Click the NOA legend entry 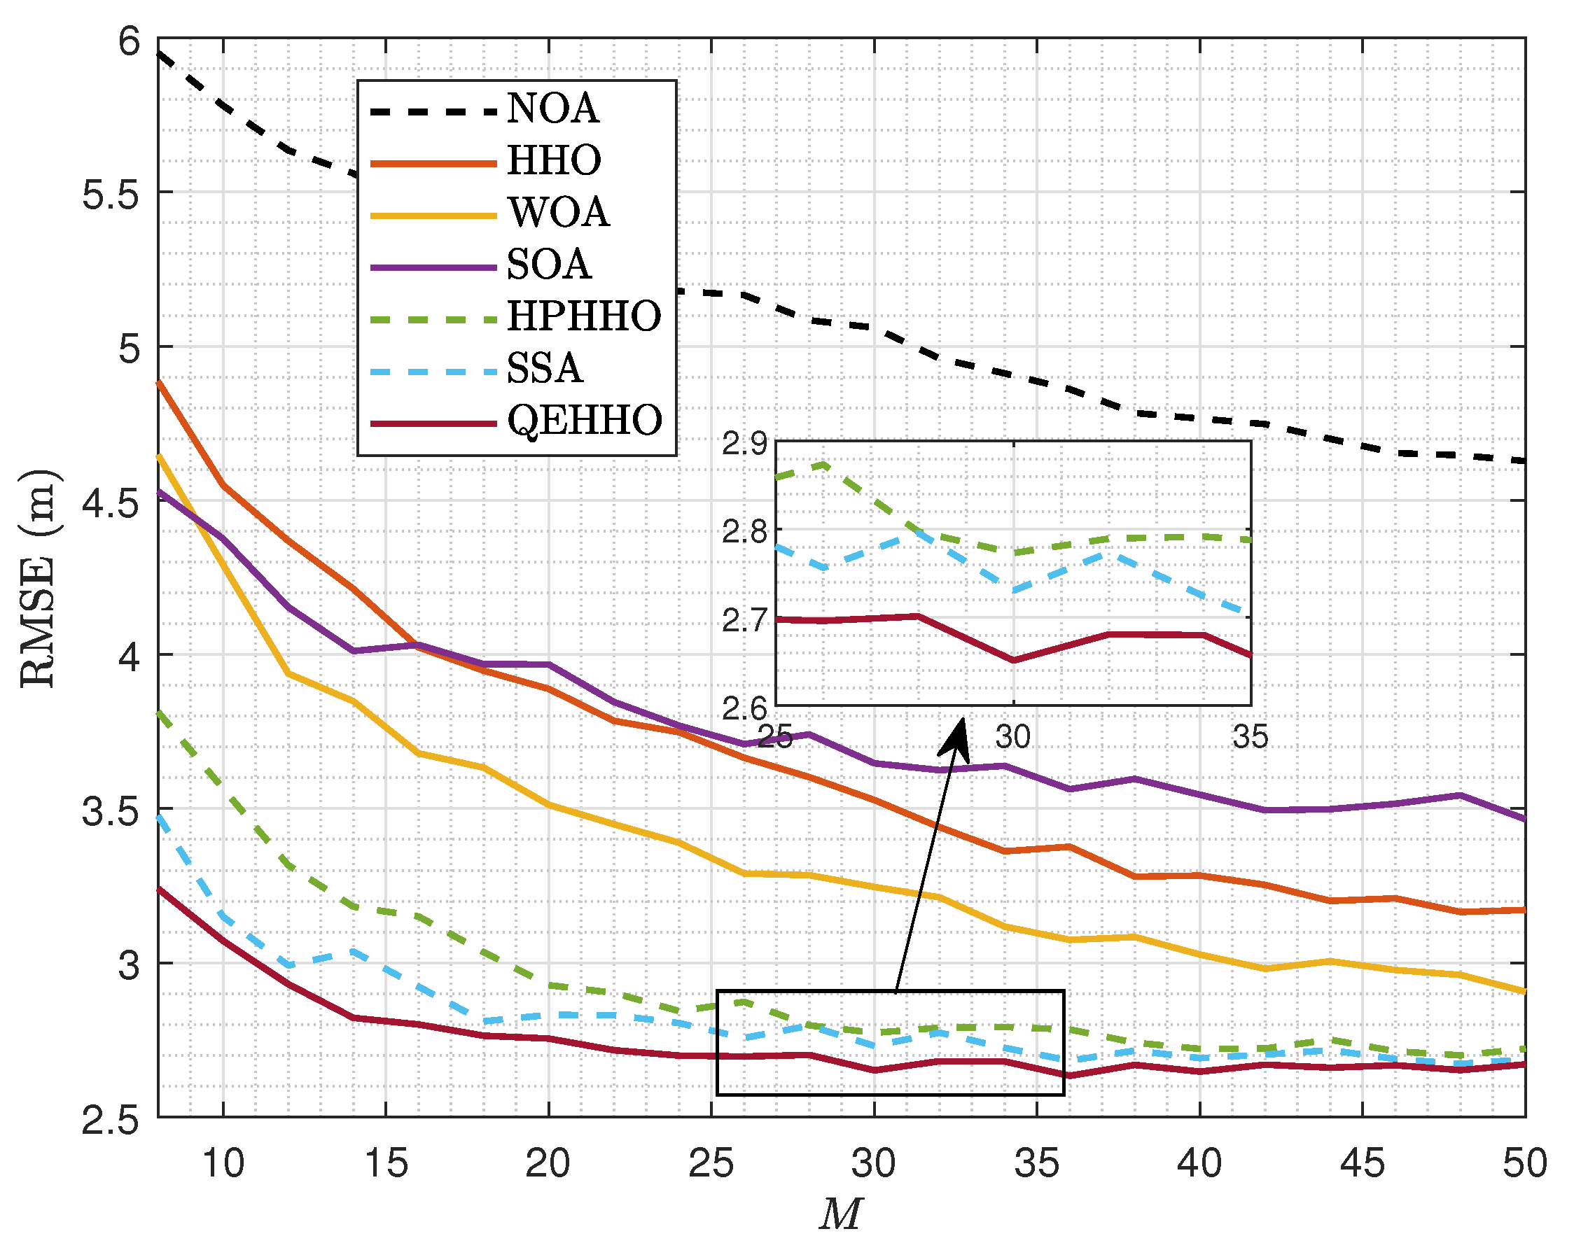(552, 108)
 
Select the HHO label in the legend (554, 160)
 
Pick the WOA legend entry (559, 213)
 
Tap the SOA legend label (548, 265)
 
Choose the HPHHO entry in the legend (584, 316)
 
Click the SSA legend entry (545, 369)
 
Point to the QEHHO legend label (585, 421)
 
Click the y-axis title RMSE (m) (38, 578)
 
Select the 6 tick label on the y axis (130, 41)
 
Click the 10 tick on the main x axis (223, 1163)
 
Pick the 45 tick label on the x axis (1363, 1163)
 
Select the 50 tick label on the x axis (1524, 1163)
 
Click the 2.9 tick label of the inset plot (745, 444)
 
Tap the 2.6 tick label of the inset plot (745, 708)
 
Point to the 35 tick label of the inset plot (1251, 738)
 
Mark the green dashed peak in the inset (823, 463)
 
